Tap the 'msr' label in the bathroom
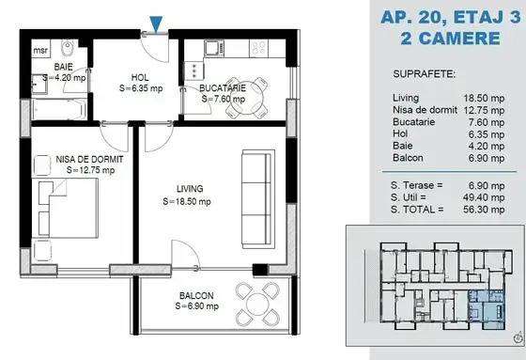tap(39, 51)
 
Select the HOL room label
tap(141, 79)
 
